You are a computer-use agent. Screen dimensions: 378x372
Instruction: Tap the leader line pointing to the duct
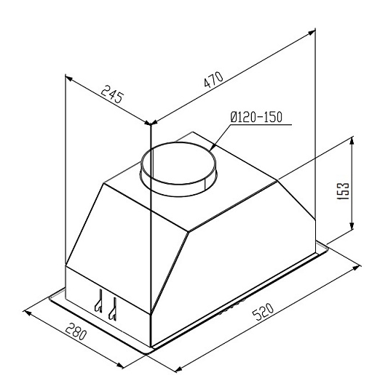coord(221,139)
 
